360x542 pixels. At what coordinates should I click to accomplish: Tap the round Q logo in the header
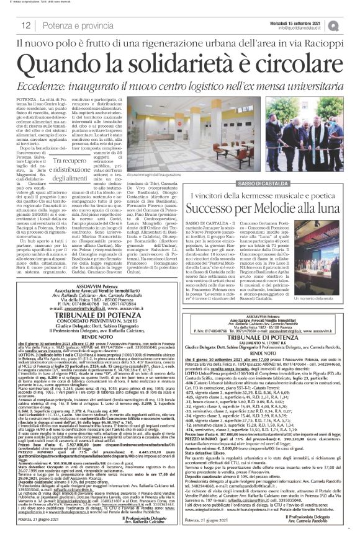tap(351, 24)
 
